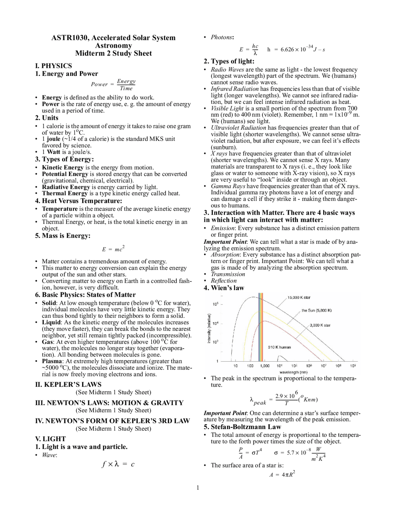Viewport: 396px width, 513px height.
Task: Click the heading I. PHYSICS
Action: click(x=54, y=66)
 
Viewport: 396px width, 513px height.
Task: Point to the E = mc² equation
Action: click(x=113, y=249)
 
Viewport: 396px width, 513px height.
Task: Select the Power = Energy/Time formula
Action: click(x=113, y=84)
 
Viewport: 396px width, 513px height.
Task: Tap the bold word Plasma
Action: click(x=52, y=361)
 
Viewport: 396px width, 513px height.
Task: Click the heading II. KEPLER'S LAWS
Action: click(x=68, y=384)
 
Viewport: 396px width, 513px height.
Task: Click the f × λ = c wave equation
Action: click(x=118, y=464)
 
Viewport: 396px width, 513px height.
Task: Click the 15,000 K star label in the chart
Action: click(x=299, y=298)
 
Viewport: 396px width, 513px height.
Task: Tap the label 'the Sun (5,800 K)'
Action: click(x=316, y=310)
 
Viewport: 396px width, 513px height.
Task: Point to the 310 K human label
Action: click(x=279, y=347)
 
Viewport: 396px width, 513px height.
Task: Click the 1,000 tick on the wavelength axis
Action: click(x=265, y=366)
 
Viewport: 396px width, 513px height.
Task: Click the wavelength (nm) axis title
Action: click(x=293, y=372)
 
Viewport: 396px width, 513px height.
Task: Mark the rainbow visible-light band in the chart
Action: click(x=260, y=327)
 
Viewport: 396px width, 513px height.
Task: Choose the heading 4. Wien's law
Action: click(x=224, y=288)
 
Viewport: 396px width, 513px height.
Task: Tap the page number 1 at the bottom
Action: click(x=198, y=489)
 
